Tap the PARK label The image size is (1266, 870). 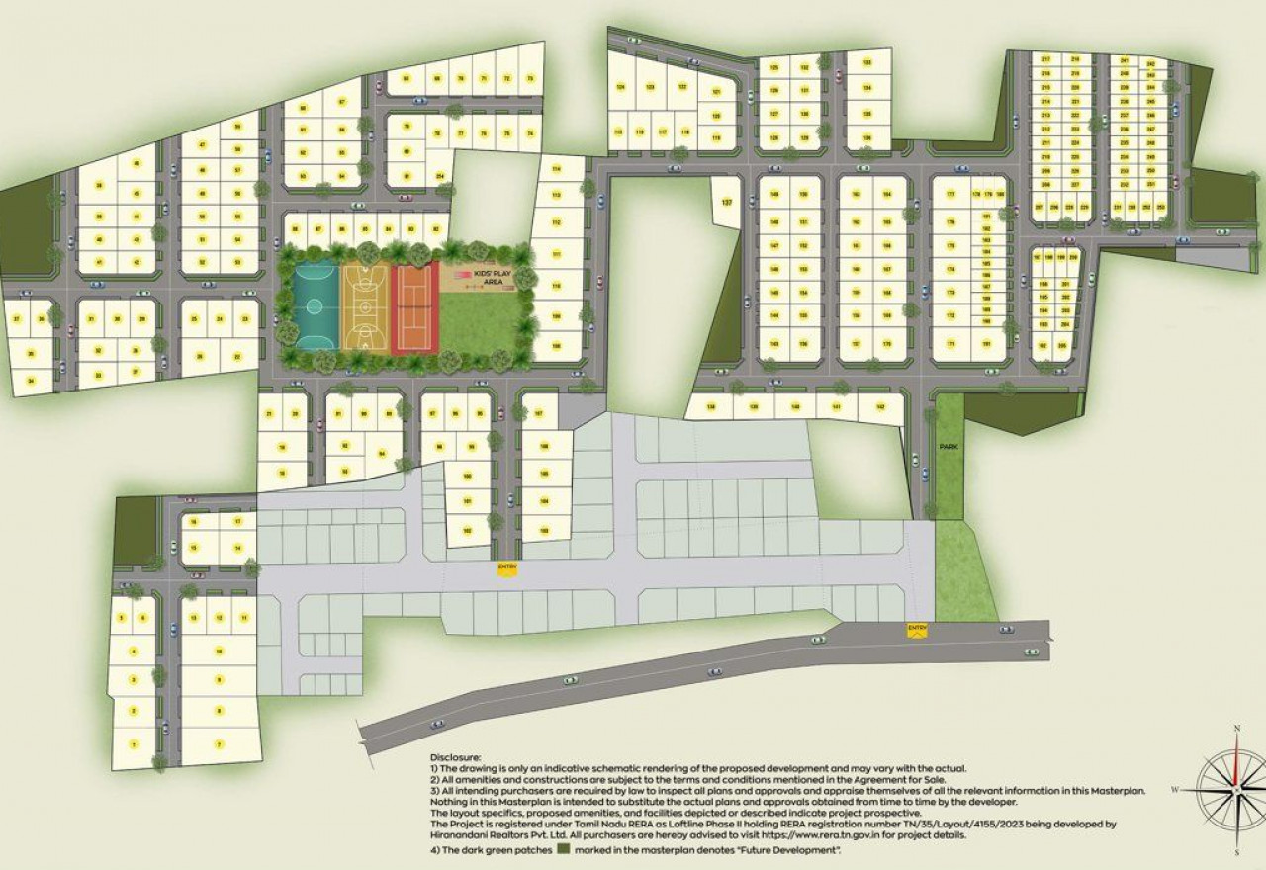(x=949, y=448)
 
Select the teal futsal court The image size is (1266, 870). (x=316, y=306)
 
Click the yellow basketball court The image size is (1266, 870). (x=366, y=306)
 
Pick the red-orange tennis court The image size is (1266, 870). (x=414, y=306)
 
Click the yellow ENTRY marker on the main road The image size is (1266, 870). (x=917, y=628)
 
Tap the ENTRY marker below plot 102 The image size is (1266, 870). (x=507, y=566)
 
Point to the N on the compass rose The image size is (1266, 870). (x=1236, y=730)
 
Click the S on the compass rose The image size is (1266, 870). (x=1236, y=851)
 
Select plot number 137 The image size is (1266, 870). (x=727, y=202)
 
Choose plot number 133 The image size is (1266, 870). (x=867, y=62)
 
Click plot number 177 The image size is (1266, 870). (x=950, y=195)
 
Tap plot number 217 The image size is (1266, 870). (x=1046, y=59)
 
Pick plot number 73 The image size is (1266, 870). (x=530, y=77)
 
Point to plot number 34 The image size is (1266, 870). (x=31, y=381)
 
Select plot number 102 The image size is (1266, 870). (x=466, y=531)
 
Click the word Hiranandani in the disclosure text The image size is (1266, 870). (x=458, y=835)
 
